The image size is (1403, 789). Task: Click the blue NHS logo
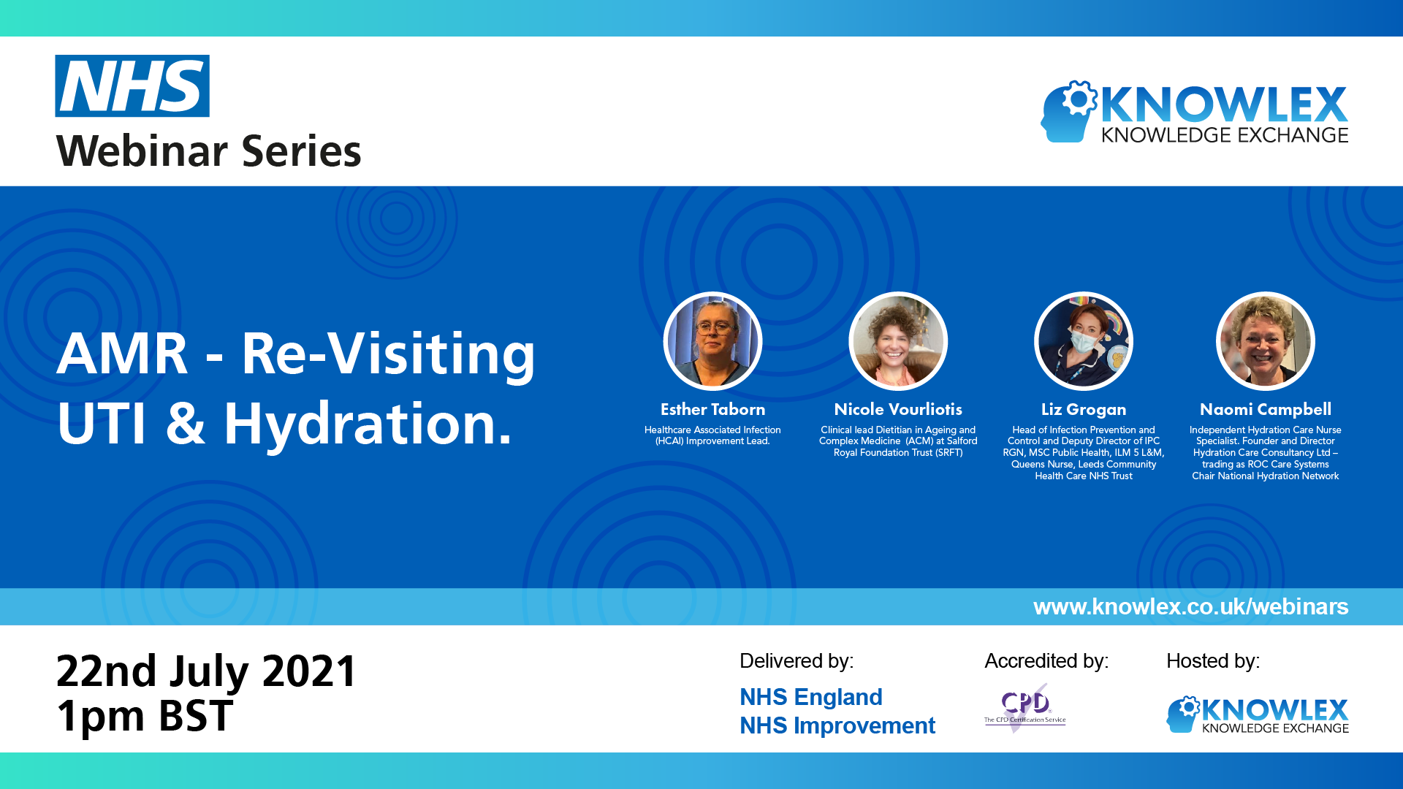point(132,86)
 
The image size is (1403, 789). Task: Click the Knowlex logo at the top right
point(1194,112)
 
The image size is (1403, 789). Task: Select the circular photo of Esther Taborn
point(712,341)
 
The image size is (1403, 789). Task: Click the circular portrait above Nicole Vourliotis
point(898,341)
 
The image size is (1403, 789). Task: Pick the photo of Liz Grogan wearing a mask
point(1084,341)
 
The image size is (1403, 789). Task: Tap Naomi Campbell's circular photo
point(1265,341)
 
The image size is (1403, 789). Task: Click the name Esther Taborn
point(712,409)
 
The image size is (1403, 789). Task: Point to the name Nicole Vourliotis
point(898,409)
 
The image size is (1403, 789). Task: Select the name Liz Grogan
point(1084,409)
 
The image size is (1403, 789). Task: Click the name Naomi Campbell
point(1265,409)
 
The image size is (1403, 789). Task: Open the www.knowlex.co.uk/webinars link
point(1190,606)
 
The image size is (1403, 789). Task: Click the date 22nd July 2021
point(206,671)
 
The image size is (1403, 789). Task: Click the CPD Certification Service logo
point(1024,707)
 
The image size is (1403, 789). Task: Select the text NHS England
point(810,697)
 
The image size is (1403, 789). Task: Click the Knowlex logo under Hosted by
point(1257,714)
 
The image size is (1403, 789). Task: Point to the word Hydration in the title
point(368,424)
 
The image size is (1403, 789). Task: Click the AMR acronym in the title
point(122,354)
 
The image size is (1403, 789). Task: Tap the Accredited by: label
point(1046,661)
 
